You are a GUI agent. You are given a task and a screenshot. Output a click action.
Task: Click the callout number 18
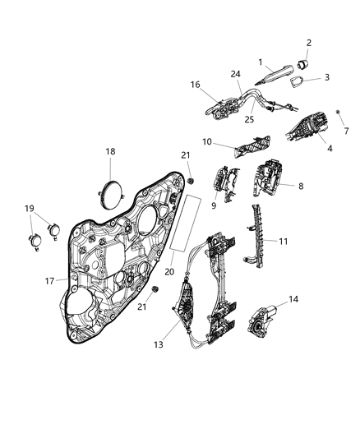pos(110,151)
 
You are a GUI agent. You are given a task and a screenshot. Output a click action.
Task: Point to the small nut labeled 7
pos(338,111)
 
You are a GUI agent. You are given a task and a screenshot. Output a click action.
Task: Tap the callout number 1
pos(260,62)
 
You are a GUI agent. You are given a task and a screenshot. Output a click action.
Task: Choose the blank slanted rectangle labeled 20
pos(185,222)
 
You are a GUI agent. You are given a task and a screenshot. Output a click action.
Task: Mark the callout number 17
pos(49,280)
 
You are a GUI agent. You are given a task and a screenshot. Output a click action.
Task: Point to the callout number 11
pos(284,242)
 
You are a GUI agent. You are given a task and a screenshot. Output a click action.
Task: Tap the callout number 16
pos(196,85)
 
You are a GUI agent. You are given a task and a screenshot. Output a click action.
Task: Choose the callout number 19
pos(30,208)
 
